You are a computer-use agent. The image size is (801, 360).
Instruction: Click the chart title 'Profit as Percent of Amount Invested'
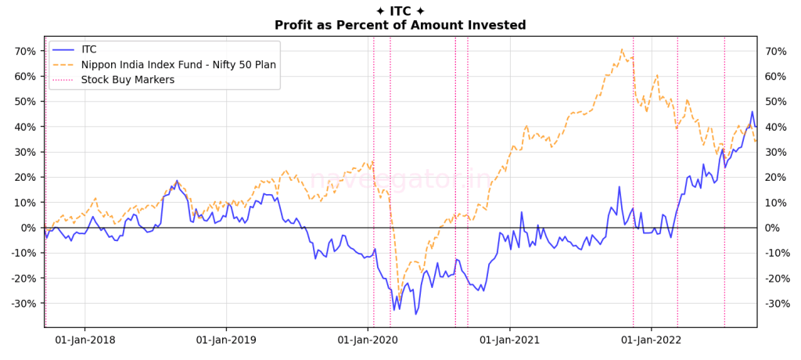point(400,25)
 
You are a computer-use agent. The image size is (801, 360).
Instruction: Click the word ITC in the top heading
point(400,11)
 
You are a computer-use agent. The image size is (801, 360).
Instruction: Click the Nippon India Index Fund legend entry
point(178,64)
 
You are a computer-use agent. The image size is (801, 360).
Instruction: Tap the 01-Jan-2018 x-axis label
point(84,340)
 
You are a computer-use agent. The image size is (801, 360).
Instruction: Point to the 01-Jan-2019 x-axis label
point(226,340)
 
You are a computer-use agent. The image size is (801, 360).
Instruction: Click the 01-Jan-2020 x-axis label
point(368,340)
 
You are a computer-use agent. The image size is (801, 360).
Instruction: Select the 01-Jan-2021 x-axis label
point(509,340)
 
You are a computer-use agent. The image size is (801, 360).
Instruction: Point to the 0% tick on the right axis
point(771,228)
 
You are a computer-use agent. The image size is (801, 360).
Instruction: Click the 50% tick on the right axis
point(774,102)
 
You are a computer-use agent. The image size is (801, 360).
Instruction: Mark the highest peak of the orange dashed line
point(623,49)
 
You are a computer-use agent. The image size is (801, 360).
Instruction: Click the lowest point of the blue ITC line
point(416,314)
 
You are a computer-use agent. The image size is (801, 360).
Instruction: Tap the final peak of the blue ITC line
point(753,112)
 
